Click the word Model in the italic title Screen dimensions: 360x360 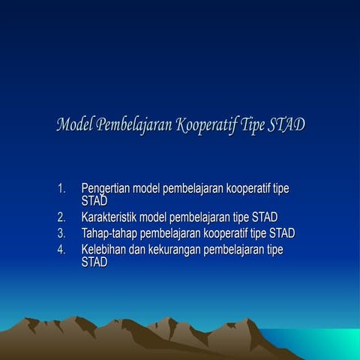pyautogui.click(x=75, y=124)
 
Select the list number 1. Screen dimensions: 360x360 pyautogui.click(x=61, y=188)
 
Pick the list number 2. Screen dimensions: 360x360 pyautogui.click(x=61, y=217)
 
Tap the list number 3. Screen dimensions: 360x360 pyautogui.click(x=61, y=232)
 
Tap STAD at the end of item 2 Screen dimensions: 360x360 pyautogui.click(x=265, y=217)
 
